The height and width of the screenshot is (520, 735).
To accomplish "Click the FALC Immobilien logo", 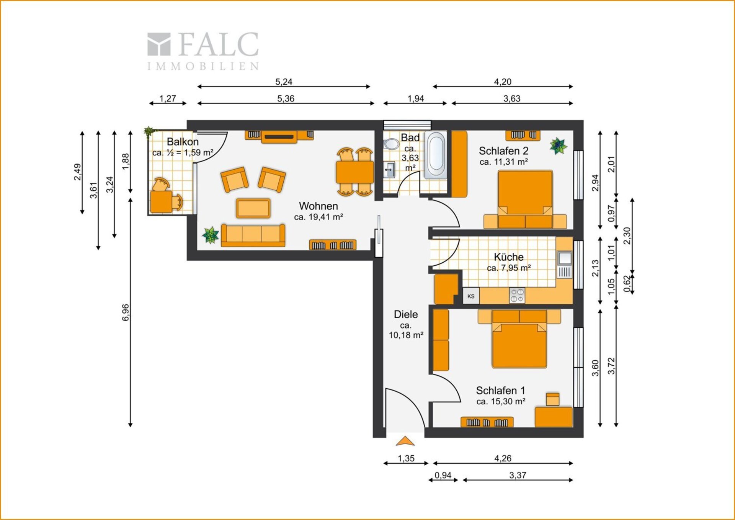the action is pos(203,51).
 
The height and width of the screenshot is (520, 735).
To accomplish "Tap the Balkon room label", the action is pos(183,142).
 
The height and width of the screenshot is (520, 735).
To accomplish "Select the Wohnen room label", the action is pos(318,206).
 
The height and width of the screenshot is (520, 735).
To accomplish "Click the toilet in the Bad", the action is pos(391,144).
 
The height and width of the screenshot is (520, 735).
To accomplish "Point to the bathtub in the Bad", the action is pos(436,155).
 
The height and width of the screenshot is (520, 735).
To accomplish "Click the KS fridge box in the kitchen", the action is pos(471,296).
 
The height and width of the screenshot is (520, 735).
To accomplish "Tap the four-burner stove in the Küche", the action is pos(517,296).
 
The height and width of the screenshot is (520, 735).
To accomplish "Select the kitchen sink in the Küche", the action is pos(565,265).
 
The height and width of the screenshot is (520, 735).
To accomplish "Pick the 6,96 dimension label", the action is pos(126,312).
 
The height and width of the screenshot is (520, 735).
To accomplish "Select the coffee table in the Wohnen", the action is pos(253,208).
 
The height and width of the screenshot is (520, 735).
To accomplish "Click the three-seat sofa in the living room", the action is pos(253,235).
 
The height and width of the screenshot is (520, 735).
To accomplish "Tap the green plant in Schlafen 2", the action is pos(558,146).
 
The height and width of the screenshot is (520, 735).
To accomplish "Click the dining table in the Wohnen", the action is pos(354,172).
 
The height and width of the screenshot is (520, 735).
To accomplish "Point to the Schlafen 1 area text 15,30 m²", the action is pos(501,401).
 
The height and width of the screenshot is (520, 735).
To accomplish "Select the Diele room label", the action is pos(406,314).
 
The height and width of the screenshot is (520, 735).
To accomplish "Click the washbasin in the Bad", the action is pos(389,169).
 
